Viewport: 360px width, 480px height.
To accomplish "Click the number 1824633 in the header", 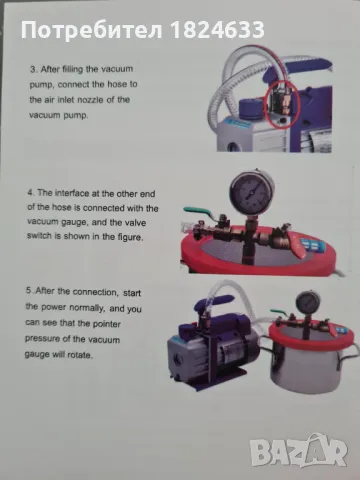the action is click(x=218, y=29).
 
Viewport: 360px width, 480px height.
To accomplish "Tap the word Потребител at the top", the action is click(x=92, y=30).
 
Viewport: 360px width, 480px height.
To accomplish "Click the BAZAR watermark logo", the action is click(x=299, y=451).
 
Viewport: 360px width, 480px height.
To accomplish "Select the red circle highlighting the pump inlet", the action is click(x=283, y=104).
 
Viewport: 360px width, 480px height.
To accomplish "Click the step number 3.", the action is click(x=33, y=70).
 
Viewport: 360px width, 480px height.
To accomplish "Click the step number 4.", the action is click(x=31, y=193).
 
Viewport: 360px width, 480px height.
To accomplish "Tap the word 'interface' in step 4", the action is click(x=71, y=193).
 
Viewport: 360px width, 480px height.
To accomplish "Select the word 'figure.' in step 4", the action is click(x=130, y=237).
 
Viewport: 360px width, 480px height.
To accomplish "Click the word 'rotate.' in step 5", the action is click(x=80, y=355).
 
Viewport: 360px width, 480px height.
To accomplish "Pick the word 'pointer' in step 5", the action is click(x=106, y=324).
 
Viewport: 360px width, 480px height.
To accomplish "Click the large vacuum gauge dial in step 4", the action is click(x=251, y=190).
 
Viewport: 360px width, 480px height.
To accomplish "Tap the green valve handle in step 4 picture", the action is click(x=197, y=211).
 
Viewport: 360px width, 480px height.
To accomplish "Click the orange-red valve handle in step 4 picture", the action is click(x=297, y=245).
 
